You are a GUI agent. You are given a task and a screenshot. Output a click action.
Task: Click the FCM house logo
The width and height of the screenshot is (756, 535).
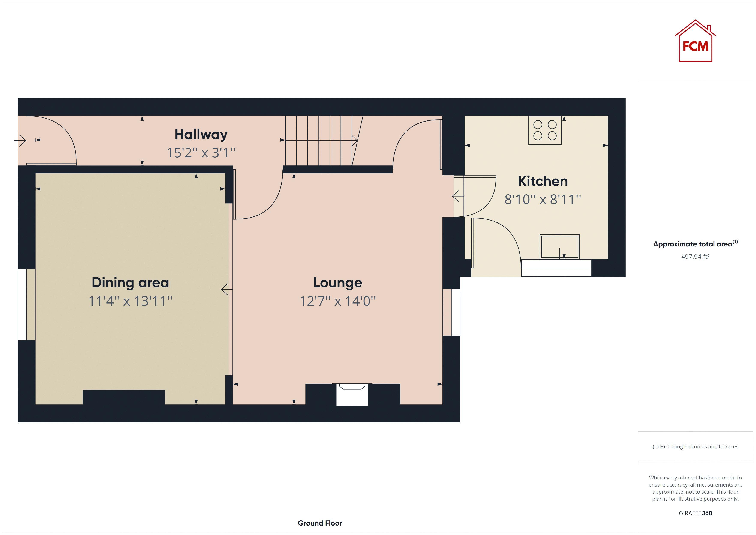coord(695,41)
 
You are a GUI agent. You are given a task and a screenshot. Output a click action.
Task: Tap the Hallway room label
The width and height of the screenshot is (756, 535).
coord(201,134)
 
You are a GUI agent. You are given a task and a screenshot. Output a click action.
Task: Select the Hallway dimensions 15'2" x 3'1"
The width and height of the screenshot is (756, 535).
coord(201,153)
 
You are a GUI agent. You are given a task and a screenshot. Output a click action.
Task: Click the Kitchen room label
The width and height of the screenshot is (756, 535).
coord(543,181)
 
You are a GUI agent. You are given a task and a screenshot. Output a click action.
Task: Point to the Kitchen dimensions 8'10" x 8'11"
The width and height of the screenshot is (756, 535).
coord(543,200)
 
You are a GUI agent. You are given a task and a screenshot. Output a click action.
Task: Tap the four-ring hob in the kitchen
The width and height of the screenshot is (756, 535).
coord(545,130)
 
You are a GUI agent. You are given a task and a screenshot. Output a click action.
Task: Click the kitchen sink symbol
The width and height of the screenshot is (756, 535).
coord(559,247)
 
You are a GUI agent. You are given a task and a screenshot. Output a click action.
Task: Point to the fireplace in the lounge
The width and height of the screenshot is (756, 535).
coord(352,395)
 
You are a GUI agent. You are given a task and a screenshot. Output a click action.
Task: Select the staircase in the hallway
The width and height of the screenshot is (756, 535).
coord(321,141)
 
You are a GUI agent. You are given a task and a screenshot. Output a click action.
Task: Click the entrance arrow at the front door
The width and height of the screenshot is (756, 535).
coord(20,141)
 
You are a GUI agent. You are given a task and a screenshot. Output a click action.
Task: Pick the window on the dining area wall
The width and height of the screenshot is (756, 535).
coord(22,304)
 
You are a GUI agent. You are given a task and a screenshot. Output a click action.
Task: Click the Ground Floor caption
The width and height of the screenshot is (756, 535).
coord(320,523)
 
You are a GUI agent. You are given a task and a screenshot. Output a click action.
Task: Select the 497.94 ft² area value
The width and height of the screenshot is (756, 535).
coord(695,257)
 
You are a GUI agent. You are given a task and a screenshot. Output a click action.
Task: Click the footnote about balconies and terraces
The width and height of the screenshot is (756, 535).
coord(695,447)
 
